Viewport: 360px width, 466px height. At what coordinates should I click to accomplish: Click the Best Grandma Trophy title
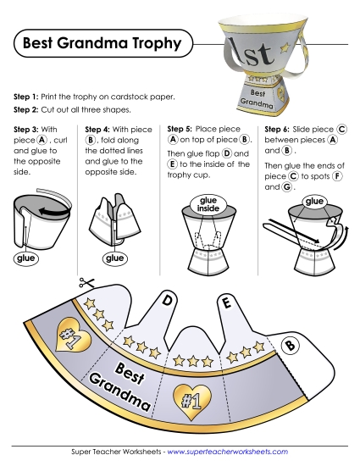click(x=102, y=43)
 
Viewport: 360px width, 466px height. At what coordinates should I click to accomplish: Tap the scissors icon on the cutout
click(x=86, y=283)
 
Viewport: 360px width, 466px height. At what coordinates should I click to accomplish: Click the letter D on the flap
click(x=167, y=301)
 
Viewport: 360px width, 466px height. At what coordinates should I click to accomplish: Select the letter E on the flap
click(x=226, y=302)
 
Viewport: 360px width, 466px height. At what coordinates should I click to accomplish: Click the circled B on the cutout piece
click(x=291, y=346)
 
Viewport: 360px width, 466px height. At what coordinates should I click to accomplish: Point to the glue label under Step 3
click(x=26, y=258)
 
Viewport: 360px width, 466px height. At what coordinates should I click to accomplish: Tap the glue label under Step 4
click(x=114, y=258)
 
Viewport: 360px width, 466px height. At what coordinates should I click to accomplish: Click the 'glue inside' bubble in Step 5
click(x=208, y=204)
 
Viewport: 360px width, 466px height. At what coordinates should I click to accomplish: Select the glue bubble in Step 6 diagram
click(x=314, y=202)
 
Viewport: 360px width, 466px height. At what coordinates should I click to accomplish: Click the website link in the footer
click(x=228, y=452)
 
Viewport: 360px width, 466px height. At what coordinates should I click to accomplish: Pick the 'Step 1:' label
click(x=26, y=97)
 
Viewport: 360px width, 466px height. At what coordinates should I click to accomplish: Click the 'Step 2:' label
click(x=26, y=109)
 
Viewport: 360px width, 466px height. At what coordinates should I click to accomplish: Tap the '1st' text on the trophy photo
click(x=252, y=52)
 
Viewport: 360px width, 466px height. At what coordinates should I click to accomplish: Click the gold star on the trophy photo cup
click(x=285, y=47)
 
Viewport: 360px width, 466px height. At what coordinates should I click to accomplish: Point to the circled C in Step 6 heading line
click(x=341, y=130)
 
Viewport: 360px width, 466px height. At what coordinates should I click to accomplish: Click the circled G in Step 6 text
click(x=286, y=187)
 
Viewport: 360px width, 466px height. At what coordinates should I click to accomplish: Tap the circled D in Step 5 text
click(x=227, y=153)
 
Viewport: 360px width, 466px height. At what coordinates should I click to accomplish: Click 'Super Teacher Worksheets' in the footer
click(x=116, y=452)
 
